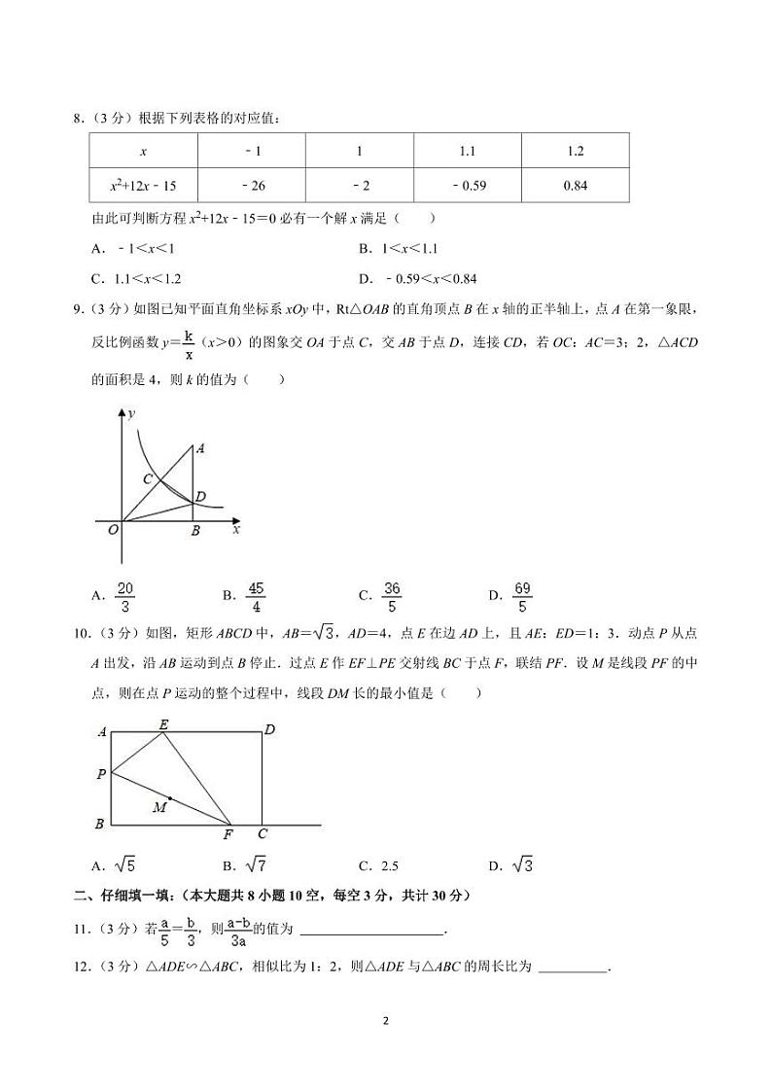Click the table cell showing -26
(x=252, y=185)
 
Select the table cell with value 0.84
(x=575, y=185)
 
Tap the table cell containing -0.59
(x=469, y=185)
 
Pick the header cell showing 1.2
(x=575, y=152)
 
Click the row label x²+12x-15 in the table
(x=143, y=185)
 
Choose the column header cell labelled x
(x=143, y=152)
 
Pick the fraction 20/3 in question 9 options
(x=124, y=597)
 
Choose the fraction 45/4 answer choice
(x=257, y=597)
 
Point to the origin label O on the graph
(x=113, y=529)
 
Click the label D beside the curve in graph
(x=200, y=497)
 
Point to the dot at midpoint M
(x=170, y=798)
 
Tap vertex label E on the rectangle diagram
(x=163, y=724)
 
